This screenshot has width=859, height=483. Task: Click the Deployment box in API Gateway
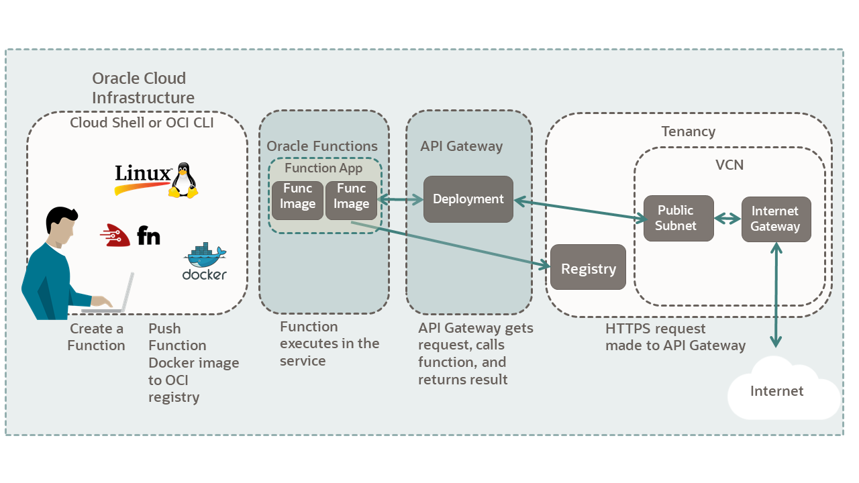click(468, 199)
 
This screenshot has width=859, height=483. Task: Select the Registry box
click(588, 268)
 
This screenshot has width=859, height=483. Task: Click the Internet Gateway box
click(775, 219)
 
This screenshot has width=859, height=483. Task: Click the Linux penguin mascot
click(183, 180)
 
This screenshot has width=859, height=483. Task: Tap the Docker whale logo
click(205, 256)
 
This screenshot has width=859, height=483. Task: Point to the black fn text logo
click(148, 235)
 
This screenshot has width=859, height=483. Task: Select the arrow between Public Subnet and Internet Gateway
click(727, 219)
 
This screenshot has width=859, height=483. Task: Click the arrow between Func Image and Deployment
click(401, 199)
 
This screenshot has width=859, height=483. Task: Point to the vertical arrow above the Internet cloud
click(776, 295)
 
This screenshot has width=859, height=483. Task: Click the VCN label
click(729, 164)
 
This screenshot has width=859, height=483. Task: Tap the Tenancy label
click(688, 131)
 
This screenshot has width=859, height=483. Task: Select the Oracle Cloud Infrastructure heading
click(143, 88)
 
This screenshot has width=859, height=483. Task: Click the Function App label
click(323, 168)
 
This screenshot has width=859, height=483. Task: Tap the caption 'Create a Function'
click(96, 337)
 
